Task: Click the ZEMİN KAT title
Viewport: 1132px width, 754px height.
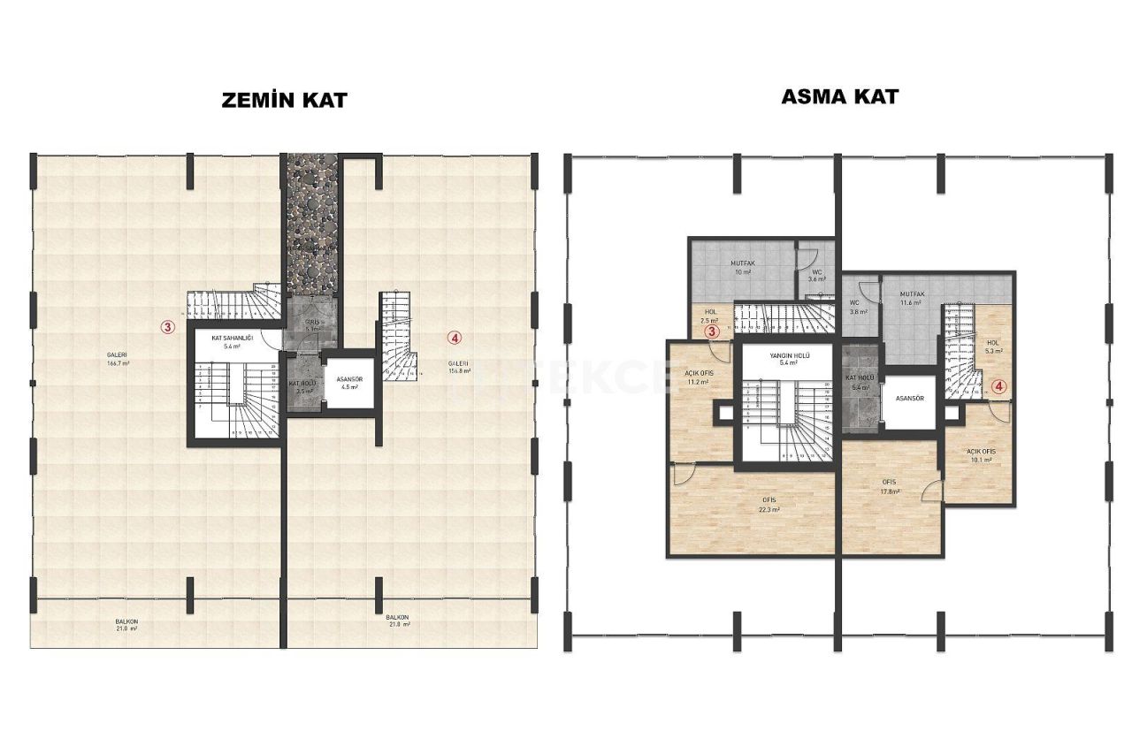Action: pos(283,100)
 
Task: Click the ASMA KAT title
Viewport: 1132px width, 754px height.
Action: pos(838,96)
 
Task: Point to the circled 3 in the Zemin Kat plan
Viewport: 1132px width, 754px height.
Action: pos(165,325)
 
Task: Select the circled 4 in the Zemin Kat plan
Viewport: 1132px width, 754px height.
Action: pos(454,337)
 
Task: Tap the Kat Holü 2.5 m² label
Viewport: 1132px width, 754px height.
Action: pos(303,387)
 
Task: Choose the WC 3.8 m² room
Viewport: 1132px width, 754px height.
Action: pos(859,307)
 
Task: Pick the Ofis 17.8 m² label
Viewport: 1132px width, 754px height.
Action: pos(889,487)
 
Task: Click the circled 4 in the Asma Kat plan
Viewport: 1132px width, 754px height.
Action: pos(998,385)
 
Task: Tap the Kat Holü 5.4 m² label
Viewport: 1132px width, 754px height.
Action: pos(860,383)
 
